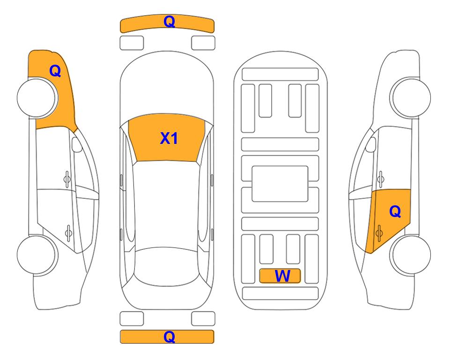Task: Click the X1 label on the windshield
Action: [x=169, y=138]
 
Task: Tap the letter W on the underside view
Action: [x=282, y=276]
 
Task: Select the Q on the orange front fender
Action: [x=55, y=71]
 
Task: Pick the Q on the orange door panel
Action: [x=395, y=212]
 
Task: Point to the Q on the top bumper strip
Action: [x=169, y=22]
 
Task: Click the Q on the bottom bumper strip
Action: [x=169, y=337]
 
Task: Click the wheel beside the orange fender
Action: [x=37, y=98]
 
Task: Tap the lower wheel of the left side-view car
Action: [x=37, y=255]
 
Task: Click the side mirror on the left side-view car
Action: [x=77, y=145]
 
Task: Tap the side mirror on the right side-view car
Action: [x=371, y=144]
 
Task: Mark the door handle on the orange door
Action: [x=379, y=232]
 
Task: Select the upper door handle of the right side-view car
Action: [x=380, y=178]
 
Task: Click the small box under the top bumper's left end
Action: [x=132, y=43]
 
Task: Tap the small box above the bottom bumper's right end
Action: [x=203, y=319]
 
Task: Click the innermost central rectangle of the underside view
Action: [x=280, y=183]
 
